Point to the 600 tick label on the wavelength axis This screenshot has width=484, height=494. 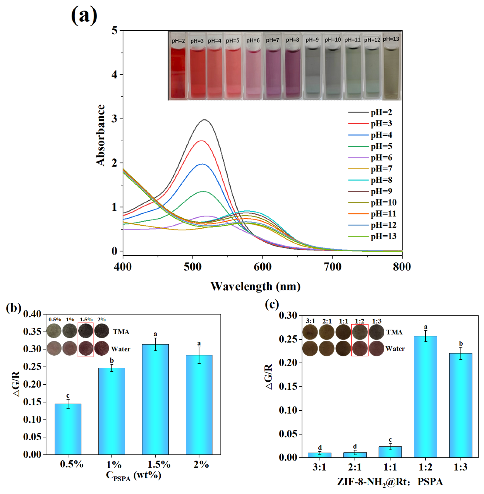point(262,267)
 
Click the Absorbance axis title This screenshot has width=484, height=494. point(100,135)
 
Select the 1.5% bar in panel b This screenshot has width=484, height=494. point(155,400)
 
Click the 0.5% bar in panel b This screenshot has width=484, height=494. point(68,429)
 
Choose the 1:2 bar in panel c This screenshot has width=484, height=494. point(425,397)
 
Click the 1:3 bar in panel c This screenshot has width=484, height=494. point(461,406)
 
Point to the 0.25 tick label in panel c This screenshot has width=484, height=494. point(288,339)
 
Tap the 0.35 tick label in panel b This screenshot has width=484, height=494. point(32,331)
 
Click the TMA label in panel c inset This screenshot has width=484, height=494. point(394,332)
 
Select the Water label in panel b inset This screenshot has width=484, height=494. point(121,349)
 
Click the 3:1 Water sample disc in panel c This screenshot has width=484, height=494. point(310,348)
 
